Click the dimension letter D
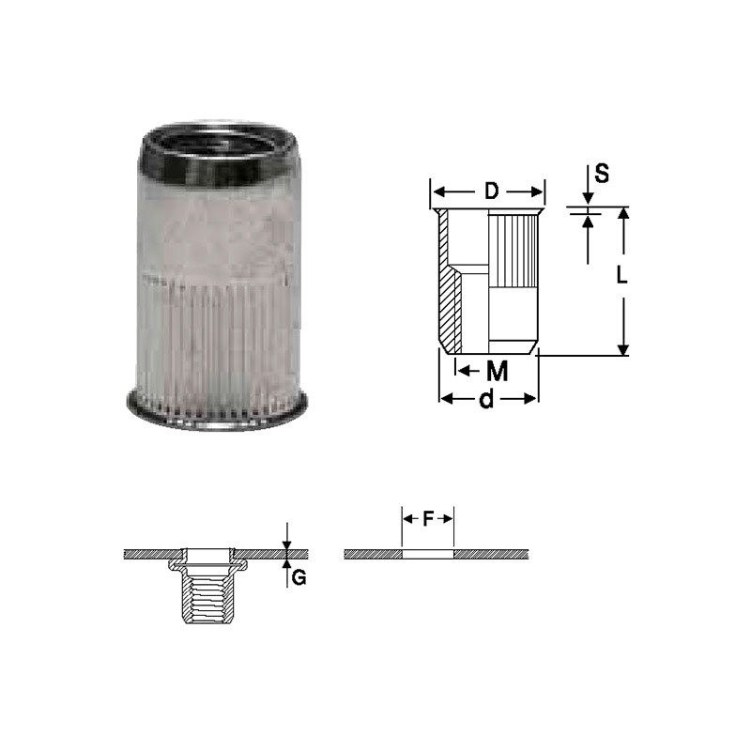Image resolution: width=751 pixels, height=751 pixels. tap(491, 192)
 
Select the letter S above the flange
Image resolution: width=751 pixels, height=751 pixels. tap(602, 174)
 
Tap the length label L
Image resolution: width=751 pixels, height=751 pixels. tap(621, 275)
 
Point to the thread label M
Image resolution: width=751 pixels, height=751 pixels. tap(498, 371)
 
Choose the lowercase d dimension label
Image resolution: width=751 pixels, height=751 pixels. tap(486, 399)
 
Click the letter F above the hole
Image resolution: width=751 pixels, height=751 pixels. tap(428, 519)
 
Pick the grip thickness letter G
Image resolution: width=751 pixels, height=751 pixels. tap(299, 578)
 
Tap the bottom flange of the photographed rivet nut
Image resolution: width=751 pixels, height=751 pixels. tap(217, 411)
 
